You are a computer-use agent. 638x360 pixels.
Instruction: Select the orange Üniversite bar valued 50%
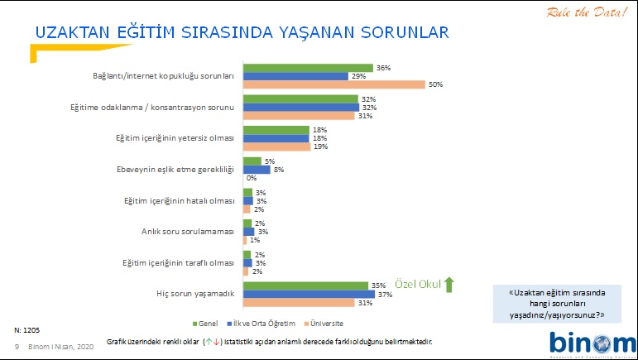tap(333, 84)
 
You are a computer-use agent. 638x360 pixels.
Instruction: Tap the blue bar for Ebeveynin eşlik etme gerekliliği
tap(256, 169)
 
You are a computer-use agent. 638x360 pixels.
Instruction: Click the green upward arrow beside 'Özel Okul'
tap(449, 284)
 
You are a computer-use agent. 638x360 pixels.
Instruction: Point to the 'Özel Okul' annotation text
tap(417, 283)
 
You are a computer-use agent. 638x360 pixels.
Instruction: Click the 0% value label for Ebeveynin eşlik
tap(251, 178)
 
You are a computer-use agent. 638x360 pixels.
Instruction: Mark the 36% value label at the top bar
tap(382, 67)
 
